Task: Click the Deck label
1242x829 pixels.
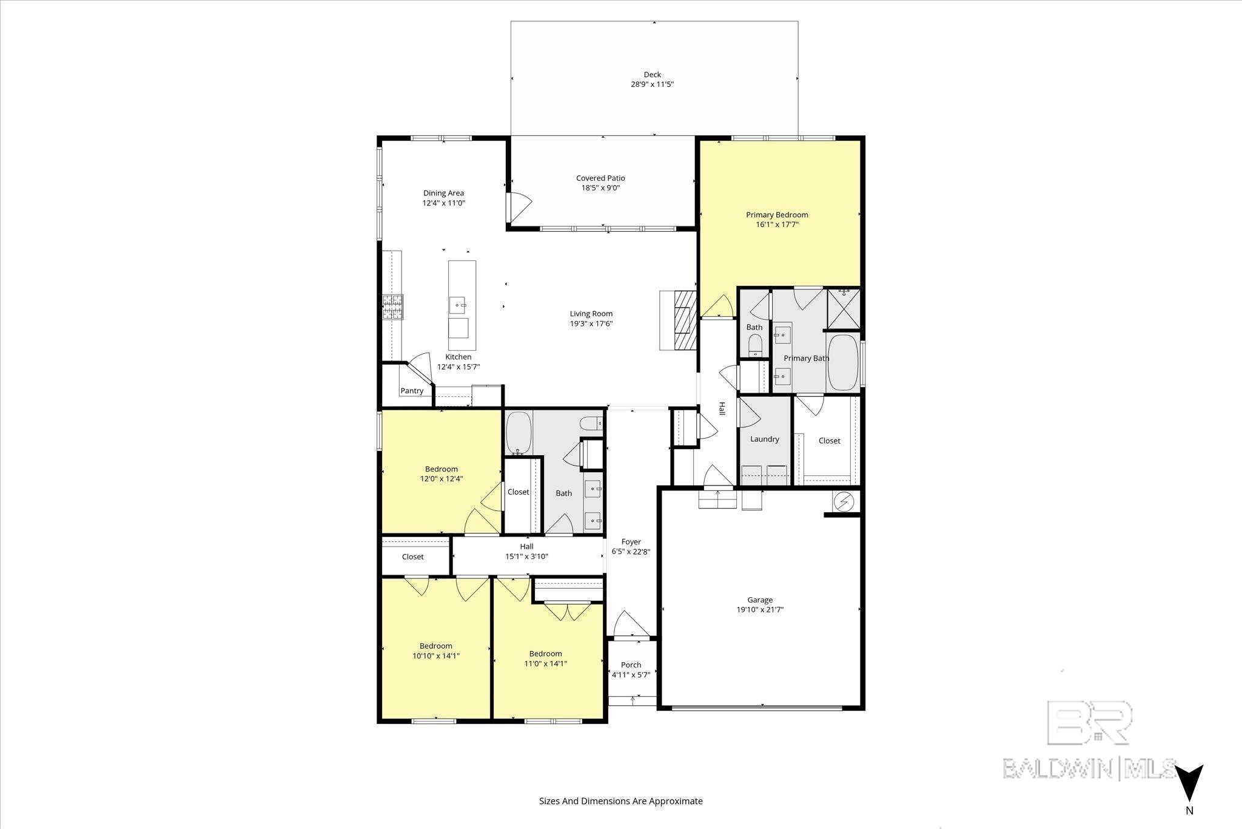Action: [x=653, y=75]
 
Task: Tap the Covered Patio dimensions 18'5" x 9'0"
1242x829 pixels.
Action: [x=600, y=188]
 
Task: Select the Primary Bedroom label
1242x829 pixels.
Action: [x=777, y=215]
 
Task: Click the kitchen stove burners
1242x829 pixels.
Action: [x=392, y=307]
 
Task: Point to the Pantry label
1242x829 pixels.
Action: [x=412, y=391]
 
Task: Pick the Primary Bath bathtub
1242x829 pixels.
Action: [x=843, y=362]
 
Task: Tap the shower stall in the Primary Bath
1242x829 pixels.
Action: [x=844, y=308]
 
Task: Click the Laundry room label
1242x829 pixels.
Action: [x=764, y=439]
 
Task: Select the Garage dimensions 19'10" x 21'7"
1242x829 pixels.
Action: [x=759, y=609]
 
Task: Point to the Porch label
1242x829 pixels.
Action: [x=631, y=665]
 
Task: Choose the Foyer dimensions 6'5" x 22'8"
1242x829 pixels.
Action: [x=631, y=552]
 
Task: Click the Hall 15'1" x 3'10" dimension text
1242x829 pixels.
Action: [x=526, y=556]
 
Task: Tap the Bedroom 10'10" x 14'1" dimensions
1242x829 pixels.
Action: [x=435, y=655]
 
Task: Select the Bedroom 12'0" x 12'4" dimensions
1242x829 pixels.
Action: [x=441, y=479]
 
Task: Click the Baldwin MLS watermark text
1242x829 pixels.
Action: [x=1089, y=768]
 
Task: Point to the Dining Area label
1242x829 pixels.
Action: [x=443, y=193]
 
